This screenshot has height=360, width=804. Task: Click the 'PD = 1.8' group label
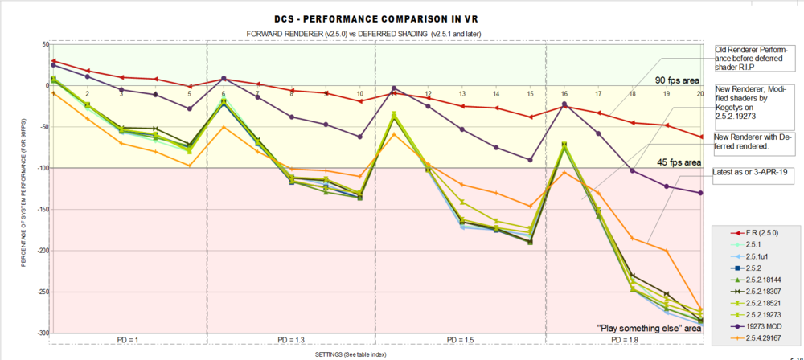click(623, 341)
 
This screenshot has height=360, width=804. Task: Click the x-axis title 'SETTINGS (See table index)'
click(347, 354)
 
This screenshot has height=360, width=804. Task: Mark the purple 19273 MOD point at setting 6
click(224, 78)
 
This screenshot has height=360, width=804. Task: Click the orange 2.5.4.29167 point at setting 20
click(700, 309)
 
